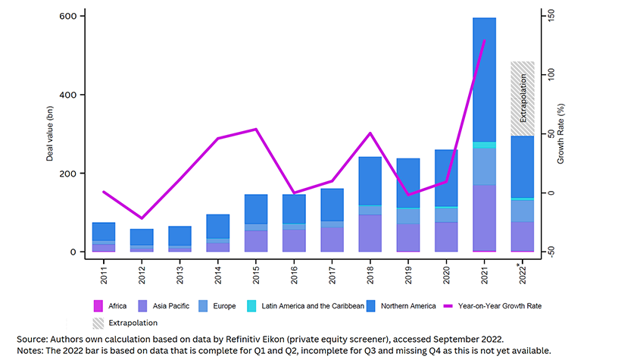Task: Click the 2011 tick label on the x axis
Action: (104, 275)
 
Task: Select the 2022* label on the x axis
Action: (522, 274)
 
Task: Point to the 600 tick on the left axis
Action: (68, 16)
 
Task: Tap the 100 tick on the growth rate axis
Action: (551, 74)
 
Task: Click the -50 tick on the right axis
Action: (551, 252)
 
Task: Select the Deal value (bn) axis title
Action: (49, 133)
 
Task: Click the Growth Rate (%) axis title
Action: (560, 133)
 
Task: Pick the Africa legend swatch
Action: (98, 306)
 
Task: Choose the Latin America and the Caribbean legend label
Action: (313, 306)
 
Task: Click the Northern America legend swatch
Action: (370, 306)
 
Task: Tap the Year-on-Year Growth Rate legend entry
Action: (492, 306)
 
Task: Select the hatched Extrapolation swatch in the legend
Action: (98, 323)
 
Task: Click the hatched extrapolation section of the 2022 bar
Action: (523, 99)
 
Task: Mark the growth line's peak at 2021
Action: (485, 40)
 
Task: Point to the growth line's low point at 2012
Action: (142, 218)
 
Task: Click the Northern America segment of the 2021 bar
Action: (485, 80)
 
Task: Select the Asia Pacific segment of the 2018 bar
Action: (370, 233)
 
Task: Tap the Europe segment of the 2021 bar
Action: (485, 167)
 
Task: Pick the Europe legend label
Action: (224, 306)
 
